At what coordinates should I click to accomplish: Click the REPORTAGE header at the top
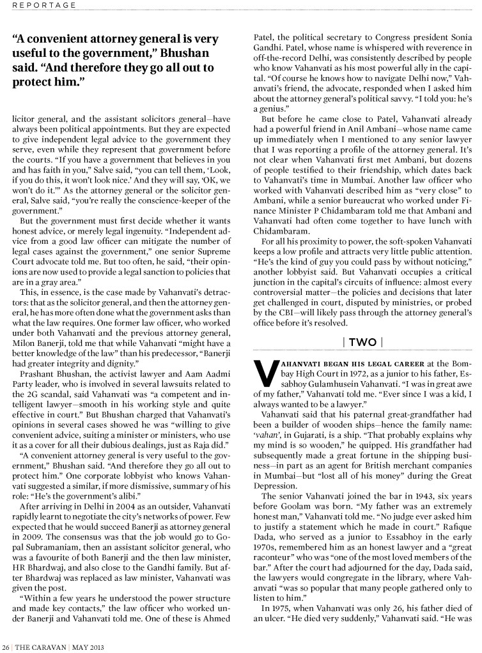[39, 5]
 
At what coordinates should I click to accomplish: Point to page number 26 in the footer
[6, 642]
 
